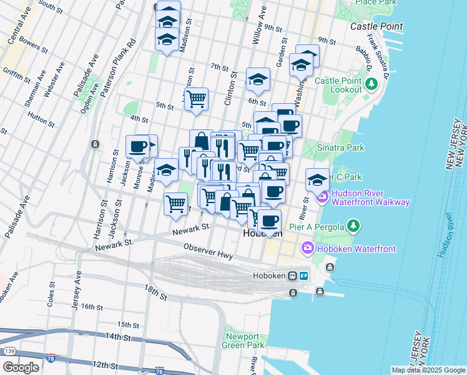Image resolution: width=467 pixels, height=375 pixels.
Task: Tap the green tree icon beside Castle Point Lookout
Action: (x=371, y=83)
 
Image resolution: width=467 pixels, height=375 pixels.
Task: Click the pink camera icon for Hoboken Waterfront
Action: (x=307, y=249)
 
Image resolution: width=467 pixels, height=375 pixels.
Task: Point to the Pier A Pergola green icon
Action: (x=353, y=224)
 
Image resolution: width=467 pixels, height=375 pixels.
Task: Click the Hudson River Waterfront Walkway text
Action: (x=371, y=197)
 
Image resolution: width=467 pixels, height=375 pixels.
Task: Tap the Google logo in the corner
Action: (x=20, y=367)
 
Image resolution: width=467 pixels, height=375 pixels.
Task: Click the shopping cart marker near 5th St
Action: (x=196, y=99)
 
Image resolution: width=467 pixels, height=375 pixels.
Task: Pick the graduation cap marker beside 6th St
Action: (x=258, y=79)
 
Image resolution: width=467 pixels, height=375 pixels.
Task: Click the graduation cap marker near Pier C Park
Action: (x=317, y=179)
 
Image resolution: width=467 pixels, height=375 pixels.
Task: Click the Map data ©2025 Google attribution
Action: (x=428, y=370)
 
